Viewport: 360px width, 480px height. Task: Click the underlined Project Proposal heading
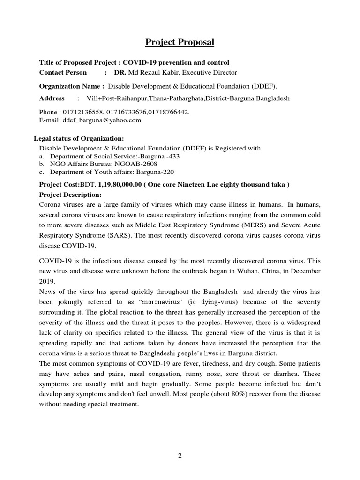180,42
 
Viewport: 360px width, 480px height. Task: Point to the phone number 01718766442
169,112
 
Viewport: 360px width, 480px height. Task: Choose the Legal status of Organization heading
79,138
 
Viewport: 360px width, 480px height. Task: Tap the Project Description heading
70,195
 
